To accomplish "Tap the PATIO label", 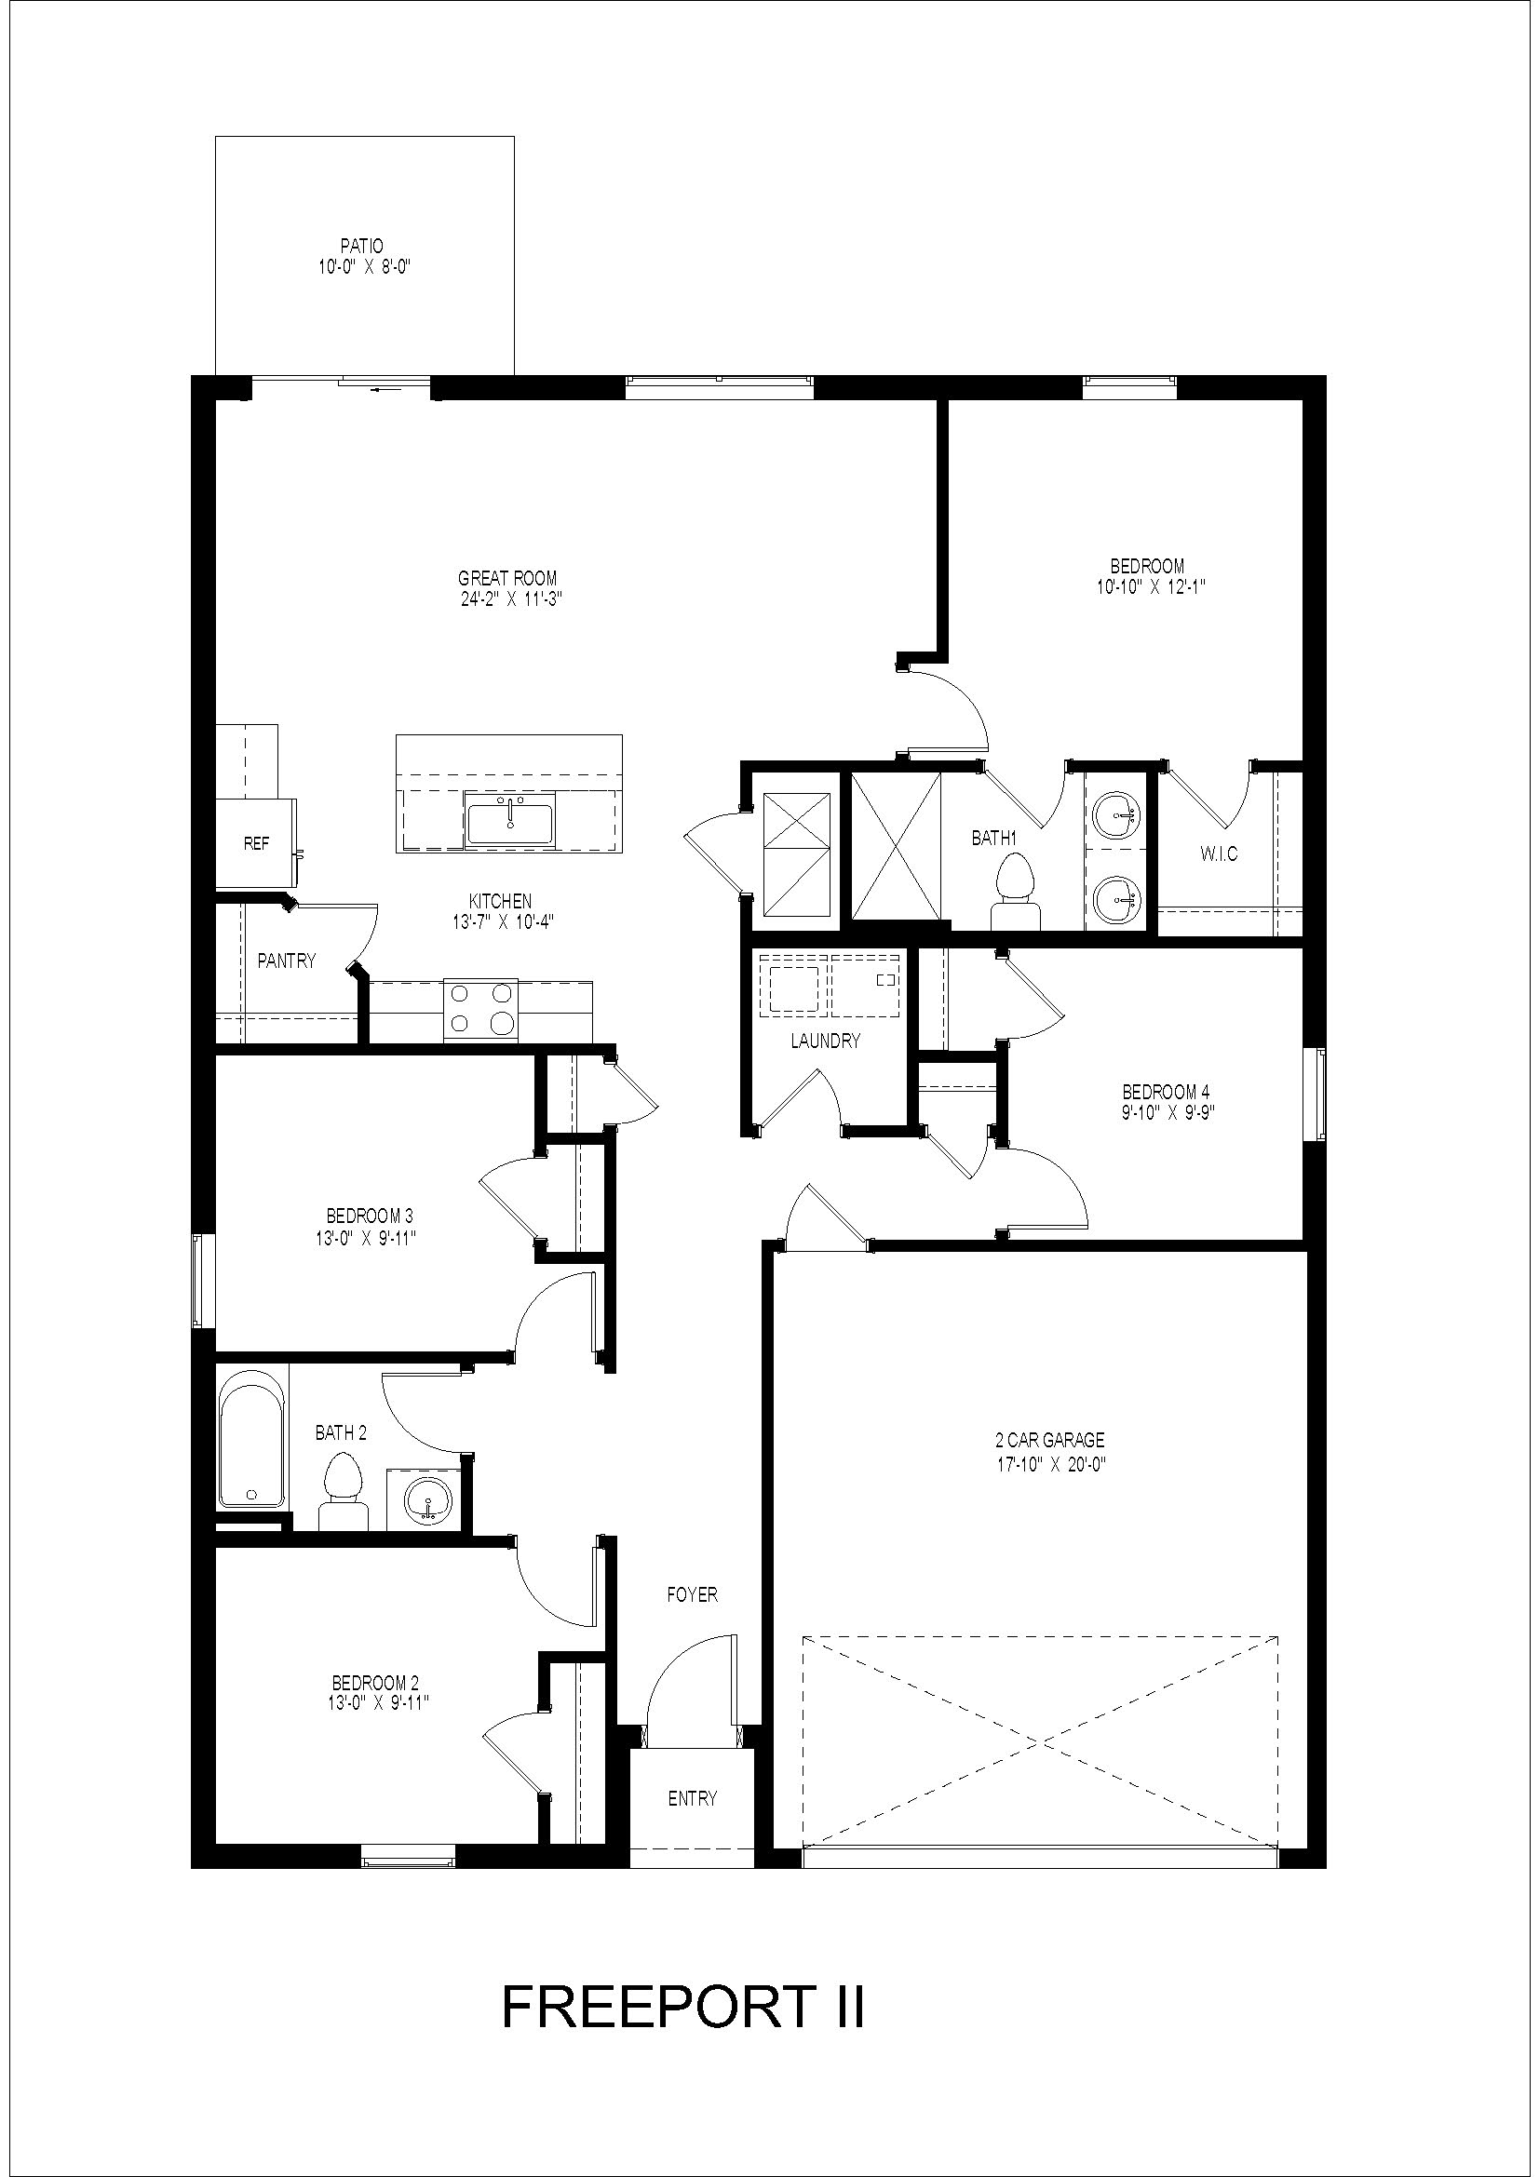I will (x=364, y=247).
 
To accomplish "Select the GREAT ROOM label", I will (x=507, y=578).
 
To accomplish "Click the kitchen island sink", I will (x=511, y=819).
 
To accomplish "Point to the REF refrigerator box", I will (x=255, y=843).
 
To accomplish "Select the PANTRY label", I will (x=287, y=961).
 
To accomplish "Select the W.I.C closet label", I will (x=1218, y=854).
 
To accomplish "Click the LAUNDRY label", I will (x=825, y=1041).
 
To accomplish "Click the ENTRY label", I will (x=692, y=1799).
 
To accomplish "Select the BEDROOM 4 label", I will (x=1166, y=1093).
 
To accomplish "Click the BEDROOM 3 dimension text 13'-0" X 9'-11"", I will (x=370, y=1237).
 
